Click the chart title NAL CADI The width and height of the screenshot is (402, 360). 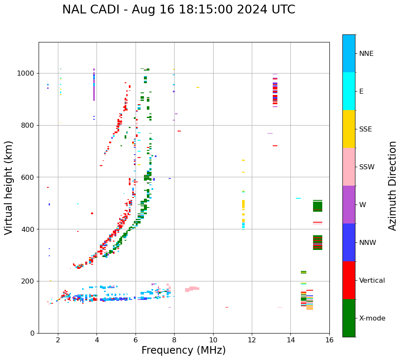pos(178,10)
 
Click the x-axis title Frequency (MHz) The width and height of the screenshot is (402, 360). pos(183,350)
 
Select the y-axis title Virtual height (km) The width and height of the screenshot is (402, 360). pos(9,188)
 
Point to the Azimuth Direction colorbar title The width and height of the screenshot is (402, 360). pos(392,186)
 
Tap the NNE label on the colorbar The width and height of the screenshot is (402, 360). pos(366,54)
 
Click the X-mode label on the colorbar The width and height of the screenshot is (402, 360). pos(372,318)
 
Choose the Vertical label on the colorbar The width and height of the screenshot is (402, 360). pos(372,281)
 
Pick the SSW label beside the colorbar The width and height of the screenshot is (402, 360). pos(367,167)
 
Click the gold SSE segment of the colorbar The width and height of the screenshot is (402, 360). pos(349,129)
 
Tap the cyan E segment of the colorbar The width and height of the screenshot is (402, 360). pos(349,91)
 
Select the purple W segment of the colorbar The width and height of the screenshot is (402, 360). pos(349,205)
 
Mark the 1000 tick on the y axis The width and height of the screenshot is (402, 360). pos(27,74)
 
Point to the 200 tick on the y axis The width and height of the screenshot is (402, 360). pos(29,281)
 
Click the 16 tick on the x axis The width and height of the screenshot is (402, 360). pos(329,340)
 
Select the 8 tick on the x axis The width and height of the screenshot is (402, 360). pos(174,340)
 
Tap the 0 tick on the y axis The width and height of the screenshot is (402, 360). pos(33,333)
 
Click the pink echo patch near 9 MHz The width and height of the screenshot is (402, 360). pos(192,289)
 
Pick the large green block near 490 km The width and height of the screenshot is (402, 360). pos(318,206)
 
